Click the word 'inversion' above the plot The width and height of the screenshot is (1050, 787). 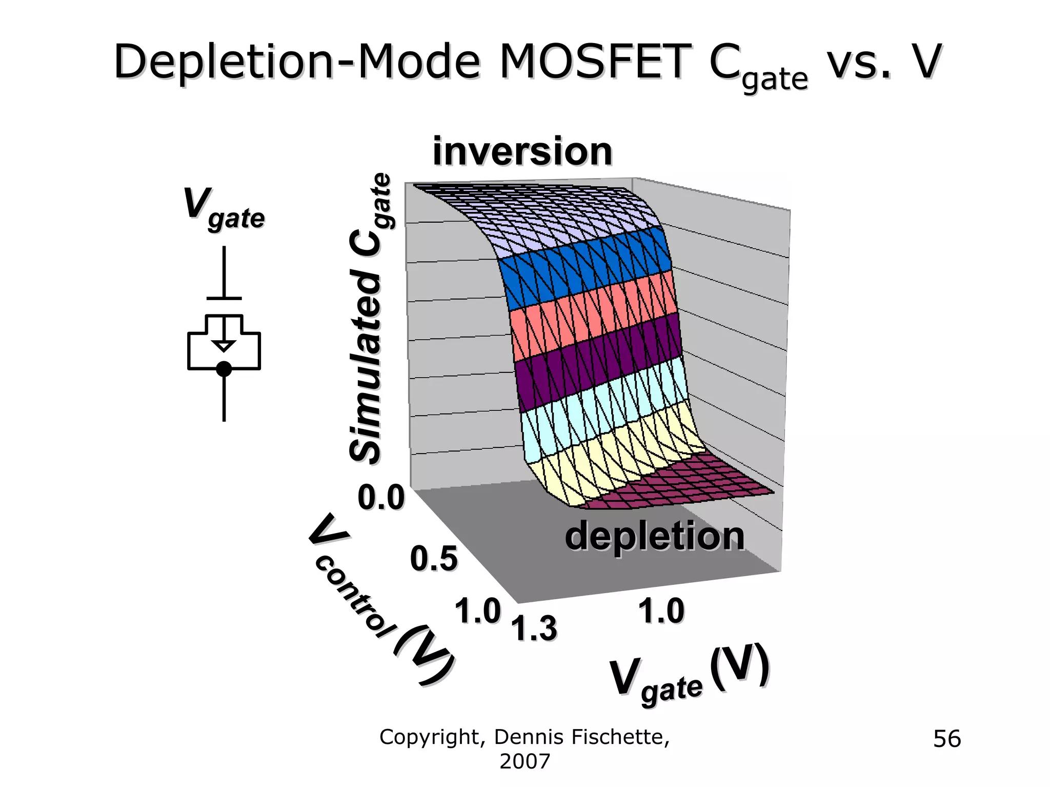(x=522, y=152)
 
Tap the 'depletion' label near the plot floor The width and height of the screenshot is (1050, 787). (x=654, y=536)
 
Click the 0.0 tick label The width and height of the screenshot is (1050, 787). (x=381, y=498)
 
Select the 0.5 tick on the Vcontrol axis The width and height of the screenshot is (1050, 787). (x=433, y=559)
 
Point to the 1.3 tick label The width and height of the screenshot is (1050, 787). (x=535, y=628)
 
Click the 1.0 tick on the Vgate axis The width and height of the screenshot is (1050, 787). (x=661, y=612)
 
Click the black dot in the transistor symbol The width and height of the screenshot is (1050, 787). (x=224, y=369)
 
